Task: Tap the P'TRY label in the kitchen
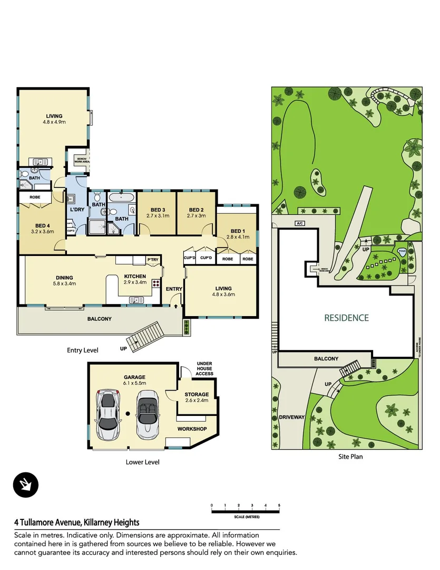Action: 153,260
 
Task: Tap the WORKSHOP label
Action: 192,429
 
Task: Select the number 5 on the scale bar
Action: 279,506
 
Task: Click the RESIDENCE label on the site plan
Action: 346,318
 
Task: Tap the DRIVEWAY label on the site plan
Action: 292,417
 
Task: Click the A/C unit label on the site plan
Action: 301,223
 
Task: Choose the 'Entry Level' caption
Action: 82,350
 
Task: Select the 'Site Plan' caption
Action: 350,457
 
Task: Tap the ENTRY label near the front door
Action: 173,289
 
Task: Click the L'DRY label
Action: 77,210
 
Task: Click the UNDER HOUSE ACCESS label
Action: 204,368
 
